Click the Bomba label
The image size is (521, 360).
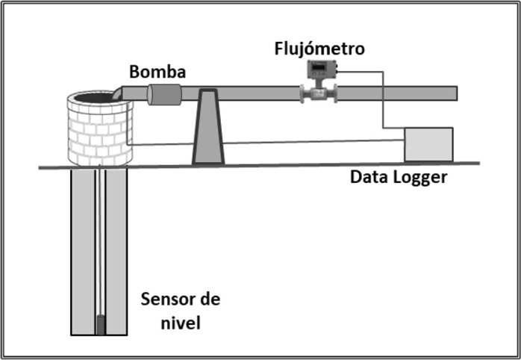point(157,72)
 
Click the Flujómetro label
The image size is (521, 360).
point(319,49)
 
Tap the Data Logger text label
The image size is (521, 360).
point(399,177)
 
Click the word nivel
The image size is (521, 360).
point(181,323)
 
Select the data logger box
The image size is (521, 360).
point(428,144)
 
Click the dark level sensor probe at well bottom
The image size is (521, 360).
point(99,324)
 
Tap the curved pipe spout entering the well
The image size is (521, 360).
point(119,93)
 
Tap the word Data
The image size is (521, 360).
point(369,177)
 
